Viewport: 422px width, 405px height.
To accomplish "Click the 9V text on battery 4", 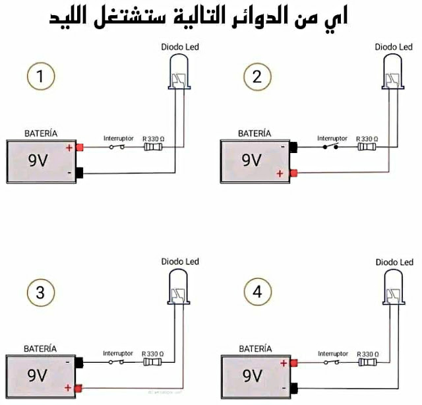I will click(x=252, y=375).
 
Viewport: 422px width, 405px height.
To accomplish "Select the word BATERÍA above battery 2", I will click(x=255, y=133).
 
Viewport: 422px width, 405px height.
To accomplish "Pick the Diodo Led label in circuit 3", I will click(x=177, y=262).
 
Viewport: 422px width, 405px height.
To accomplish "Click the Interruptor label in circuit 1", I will click(x=118, y=139).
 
